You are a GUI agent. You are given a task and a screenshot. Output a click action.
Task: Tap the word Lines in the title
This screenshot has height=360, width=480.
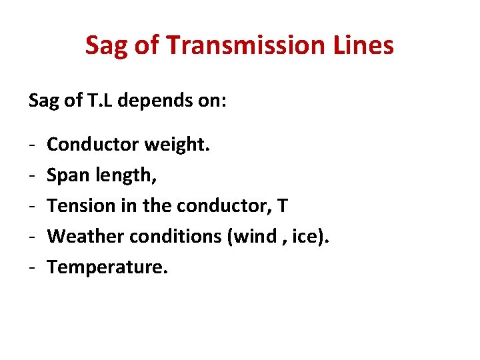[365, 45]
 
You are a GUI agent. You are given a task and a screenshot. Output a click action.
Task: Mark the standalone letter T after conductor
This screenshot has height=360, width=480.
[283, 206]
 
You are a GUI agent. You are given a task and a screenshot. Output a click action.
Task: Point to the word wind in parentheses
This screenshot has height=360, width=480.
[257, 236]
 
